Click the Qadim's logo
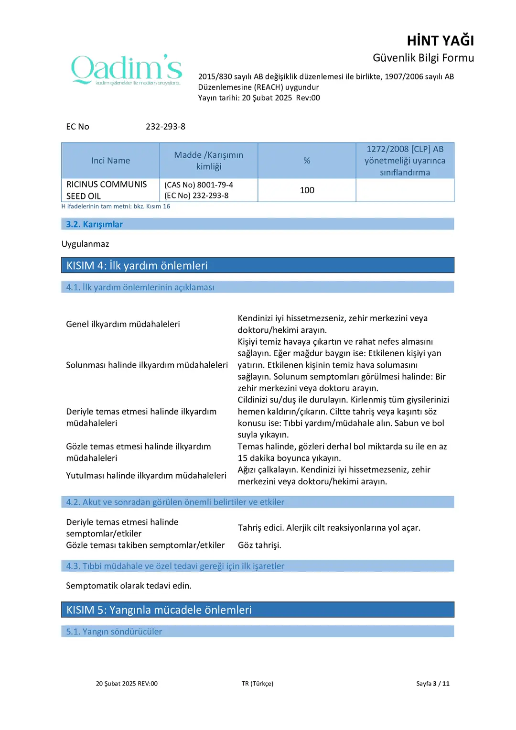point(127,70)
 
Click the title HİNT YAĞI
point(440,41)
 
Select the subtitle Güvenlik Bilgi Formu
point(423,58)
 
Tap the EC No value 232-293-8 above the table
point(165,127)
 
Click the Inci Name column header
point(110,161)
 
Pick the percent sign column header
point(307,161)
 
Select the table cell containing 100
point(307,190)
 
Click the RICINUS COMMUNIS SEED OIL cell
point(107,190)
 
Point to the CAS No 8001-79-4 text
point(199,185)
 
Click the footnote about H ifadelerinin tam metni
point(116,207)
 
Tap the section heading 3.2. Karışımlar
point(94,224)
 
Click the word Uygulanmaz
point(85,244)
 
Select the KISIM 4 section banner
point(258,265)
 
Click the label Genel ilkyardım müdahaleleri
point(123,324)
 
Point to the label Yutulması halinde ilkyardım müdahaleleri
point(146,476)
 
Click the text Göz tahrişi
point(259,545)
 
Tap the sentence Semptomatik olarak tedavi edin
point(129,586)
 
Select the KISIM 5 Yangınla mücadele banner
point(258,610)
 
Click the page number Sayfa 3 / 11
point(432,684)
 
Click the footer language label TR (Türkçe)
point(257,684)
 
